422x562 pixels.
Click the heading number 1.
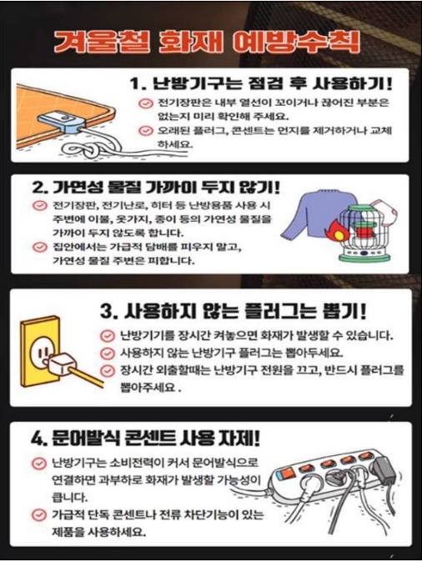click(x=137, y=84)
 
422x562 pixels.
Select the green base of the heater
click(x=363, y=253)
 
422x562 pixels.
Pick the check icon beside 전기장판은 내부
click(x=145, y=103)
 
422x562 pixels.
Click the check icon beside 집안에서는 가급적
click(x=39, y=247)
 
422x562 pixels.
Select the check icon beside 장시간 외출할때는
click(x=107, y=370)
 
